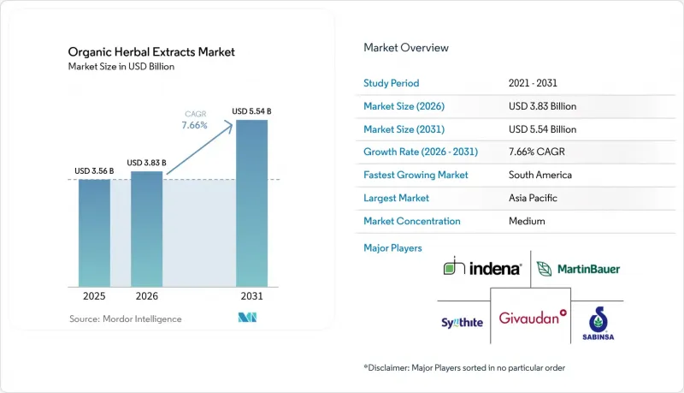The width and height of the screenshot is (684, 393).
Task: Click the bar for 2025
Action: (94, 233)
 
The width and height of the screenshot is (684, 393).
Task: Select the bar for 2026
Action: (146, 229)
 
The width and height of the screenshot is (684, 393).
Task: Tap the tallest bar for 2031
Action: (251, 204)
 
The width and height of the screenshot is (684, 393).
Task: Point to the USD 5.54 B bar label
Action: (251, 111)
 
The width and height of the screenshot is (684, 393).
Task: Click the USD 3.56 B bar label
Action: (94, 170)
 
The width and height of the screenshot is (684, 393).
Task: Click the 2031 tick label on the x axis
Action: (251, 296)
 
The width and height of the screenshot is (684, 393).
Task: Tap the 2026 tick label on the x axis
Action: (146, 296)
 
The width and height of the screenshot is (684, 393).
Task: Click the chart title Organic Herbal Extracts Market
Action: (151, 52)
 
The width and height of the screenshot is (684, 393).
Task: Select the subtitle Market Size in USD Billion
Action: (121, 67)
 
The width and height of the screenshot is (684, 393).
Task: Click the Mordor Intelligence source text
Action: (125, 319)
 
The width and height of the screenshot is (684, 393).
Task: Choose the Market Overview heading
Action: (406, 48)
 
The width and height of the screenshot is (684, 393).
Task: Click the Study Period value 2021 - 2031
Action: (533, 83)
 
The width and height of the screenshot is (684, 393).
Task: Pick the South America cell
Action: (540, 175)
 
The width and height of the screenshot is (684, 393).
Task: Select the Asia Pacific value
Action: (533, 198)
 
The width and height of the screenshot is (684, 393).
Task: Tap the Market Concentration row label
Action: (412, 221)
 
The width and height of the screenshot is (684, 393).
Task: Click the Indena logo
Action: (482, 266)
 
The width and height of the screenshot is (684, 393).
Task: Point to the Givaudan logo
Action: (533, 318)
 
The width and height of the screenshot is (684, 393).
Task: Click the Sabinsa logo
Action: (598, 324)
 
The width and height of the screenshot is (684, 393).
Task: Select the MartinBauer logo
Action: (578, 269)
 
